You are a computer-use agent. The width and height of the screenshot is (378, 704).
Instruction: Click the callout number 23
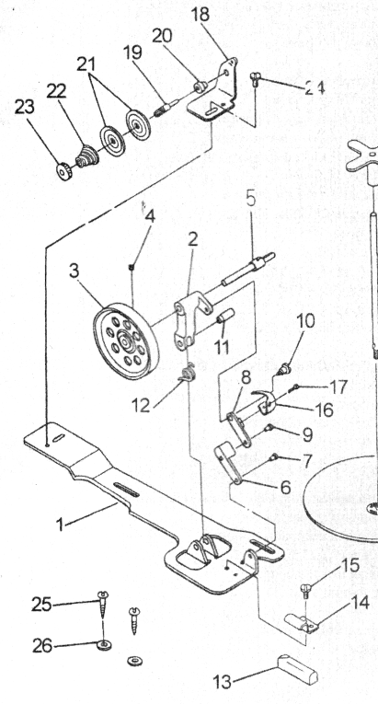click(x=24, y=108)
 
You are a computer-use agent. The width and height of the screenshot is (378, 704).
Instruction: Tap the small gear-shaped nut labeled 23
click(x=63, y=171)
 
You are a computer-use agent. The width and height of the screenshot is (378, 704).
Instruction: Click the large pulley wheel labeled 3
click(x=126, y=341)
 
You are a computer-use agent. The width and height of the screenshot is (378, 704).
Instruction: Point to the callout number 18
click(x=200, y=15)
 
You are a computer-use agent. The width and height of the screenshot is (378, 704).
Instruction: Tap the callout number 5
click(x=250, y=198)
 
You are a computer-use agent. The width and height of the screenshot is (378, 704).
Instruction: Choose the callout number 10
click(x=305, y=321)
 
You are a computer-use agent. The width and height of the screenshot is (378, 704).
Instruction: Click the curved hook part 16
click(x=265, y=402)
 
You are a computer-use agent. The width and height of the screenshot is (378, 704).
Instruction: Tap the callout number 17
click(x=338, y=387)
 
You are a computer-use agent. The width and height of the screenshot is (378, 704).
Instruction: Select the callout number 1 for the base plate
click(x=60, y=524)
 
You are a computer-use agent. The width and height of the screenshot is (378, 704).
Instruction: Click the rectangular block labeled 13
click(x=298, y=669)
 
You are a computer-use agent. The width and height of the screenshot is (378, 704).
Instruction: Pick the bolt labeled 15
click(x=305, y=590)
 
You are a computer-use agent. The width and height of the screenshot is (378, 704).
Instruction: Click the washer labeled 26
click(x=104, y=645)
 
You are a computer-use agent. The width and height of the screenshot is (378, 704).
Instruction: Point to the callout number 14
click(x=360, y=603)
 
